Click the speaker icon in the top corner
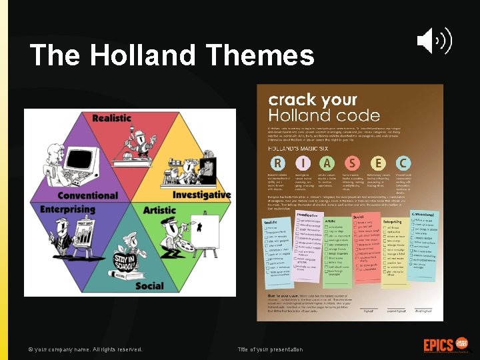(x=434, y=41)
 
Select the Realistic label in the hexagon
(x=112, y=118)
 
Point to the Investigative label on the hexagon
(x=201, y=195)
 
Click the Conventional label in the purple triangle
(x=97, y=195)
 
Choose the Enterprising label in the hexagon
(x=67, y=209)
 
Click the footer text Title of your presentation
(x=271, y=349)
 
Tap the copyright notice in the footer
(x=85, y=349)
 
